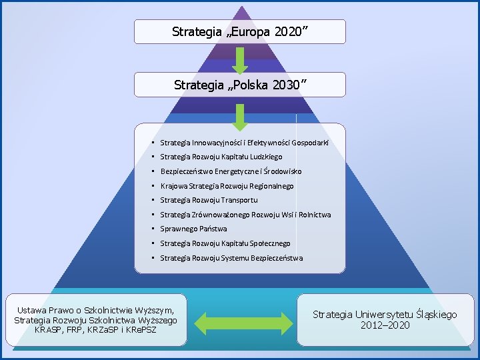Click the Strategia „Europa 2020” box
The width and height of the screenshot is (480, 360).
tap(240, 31)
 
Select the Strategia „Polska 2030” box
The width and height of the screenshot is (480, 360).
tap(240, 85)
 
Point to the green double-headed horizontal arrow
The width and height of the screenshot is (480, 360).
tap(241, 320)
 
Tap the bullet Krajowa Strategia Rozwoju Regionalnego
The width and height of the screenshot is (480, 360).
tap(227, 186)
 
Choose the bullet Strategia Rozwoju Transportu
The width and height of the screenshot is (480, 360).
tap(209, 200)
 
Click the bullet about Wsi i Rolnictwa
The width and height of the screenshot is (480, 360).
tap(245, 215)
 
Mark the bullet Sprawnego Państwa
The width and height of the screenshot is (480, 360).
tap(193, 229)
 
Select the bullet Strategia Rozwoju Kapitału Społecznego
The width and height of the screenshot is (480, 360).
tap(225, 243)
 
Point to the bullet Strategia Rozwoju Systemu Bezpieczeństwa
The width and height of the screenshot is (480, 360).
tap(231, 258)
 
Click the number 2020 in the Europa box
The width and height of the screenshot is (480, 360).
tap(288, 31)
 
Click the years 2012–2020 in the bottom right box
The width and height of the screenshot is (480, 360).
tap(385, 325)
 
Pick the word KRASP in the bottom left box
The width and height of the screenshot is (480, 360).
tap(48, 329)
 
